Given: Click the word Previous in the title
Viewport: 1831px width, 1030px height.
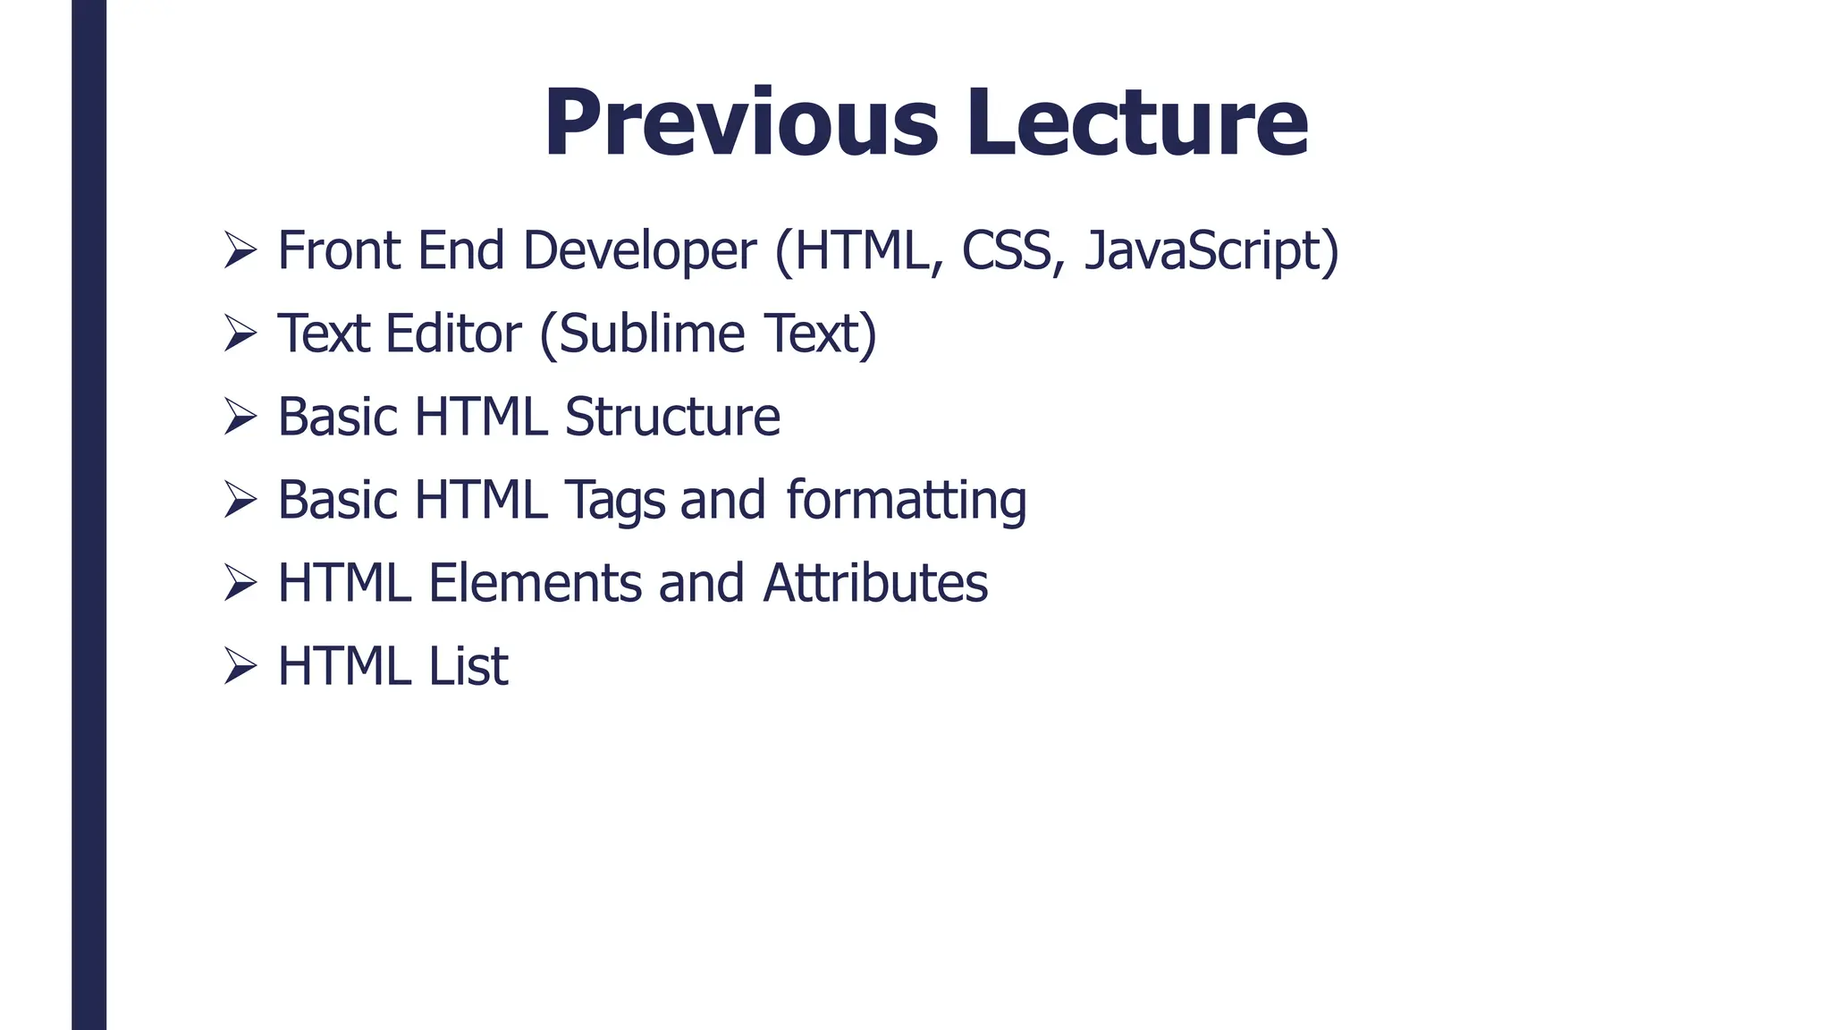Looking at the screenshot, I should tap(741, 122).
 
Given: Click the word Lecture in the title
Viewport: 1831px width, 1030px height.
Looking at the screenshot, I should tap(1136, 122).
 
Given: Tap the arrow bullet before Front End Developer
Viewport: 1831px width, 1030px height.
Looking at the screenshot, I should tap(240, 249).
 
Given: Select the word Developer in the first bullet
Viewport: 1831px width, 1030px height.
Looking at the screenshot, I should tap(639, 250).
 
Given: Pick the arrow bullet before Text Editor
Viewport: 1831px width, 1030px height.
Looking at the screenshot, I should tap(240, 333).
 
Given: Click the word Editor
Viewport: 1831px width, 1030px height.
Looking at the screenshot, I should tap(453, 333).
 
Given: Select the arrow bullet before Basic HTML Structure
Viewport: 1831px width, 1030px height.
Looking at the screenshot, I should tap(240, 417).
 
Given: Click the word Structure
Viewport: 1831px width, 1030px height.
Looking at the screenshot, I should tap(672, 417).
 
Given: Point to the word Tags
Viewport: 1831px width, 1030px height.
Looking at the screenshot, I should tap(615, 500).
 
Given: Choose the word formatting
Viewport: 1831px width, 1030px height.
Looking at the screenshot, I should tap(907, 500).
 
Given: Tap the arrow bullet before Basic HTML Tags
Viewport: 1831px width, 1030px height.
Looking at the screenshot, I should tap(240, 500).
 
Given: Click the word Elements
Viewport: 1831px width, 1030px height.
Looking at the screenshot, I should tap(535, 583).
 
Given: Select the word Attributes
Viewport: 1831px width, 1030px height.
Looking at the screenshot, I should tap(875, 583).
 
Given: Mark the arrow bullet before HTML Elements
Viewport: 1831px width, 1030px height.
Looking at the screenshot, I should tap(240, 583).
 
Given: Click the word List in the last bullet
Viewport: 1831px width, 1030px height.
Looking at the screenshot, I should tap(468, 666).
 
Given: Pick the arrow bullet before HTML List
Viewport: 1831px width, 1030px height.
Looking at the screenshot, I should tap(240, 666).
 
